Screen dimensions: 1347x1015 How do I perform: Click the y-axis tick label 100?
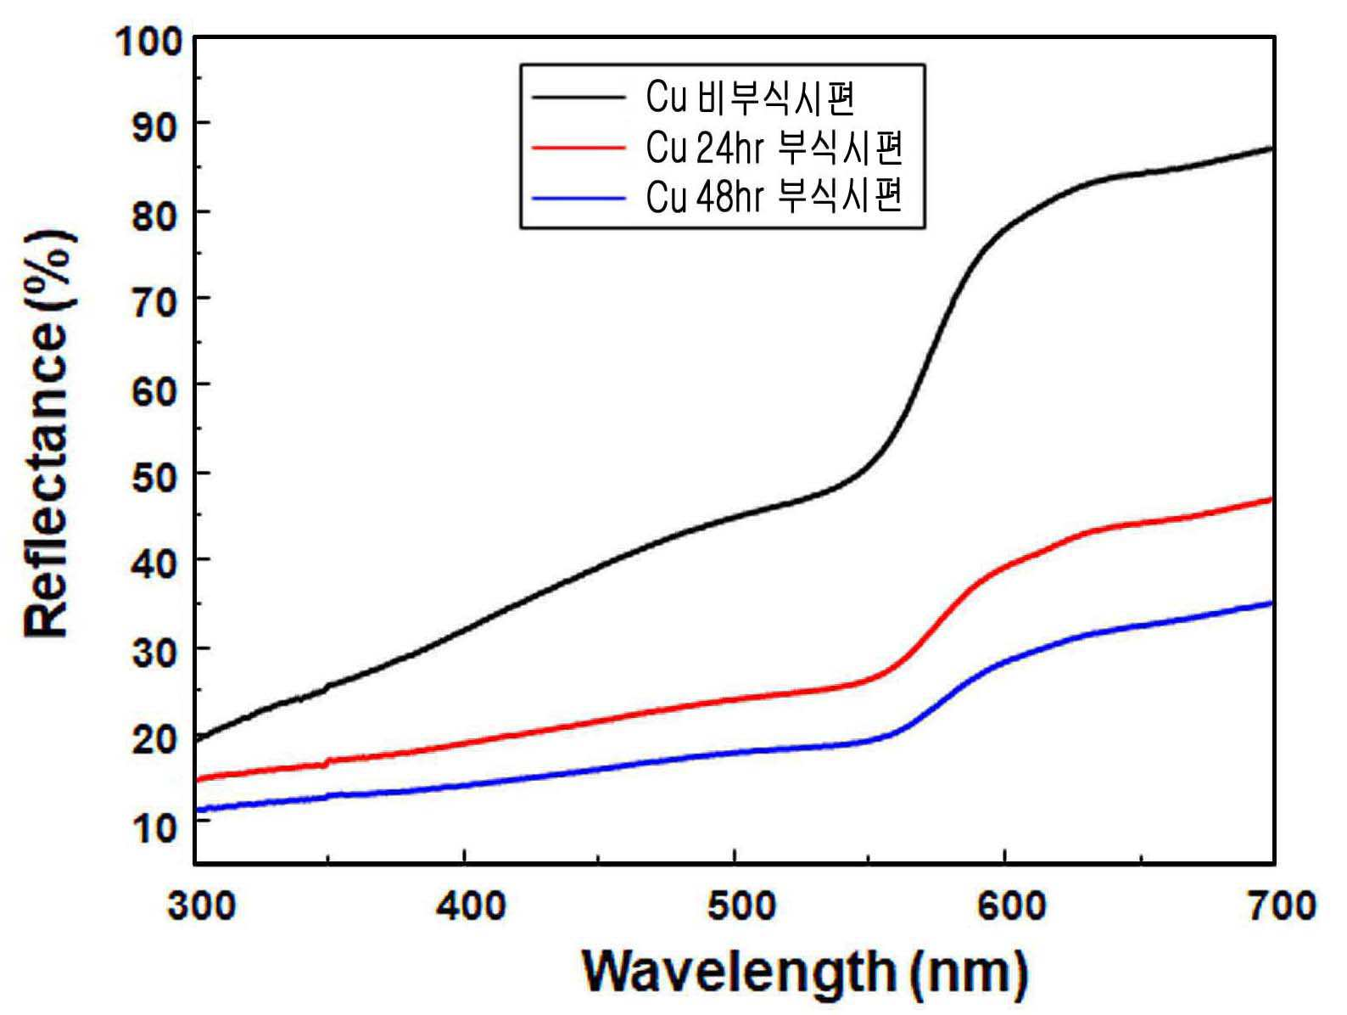click(150, 43)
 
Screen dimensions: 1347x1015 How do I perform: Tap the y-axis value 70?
click(157, 303)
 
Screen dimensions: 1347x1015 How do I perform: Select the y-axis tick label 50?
click(157, 478)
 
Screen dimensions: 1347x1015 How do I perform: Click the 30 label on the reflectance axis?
click(157, 652)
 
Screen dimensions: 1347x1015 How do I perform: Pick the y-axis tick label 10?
click(157, 827)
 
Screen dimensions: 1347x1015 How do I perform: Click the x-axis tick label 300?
click(201, 906)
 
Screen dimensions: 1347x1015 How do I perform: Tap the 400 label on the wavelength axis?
click(472, 906)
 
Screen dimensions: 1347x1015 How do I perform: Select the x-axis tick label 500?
click(741, 906)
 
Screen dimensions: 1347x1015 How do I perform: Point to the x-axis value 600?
click(1011, 906)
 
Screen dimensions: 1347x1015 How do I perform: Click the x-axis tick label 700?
click(1282, 906)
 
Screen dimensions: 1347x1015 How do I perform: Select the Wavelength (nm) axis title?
click(805, 972)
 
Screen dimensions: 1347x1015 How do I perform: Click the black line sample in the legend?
click(578, 97)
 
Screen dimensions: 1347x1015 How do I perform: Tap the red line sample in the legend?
click(578, 148)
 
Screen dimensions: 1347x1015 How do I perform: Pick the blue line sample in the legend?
click(578, 198)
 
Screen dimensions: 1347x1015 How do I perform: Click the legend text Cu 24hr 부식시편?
click(774, 148)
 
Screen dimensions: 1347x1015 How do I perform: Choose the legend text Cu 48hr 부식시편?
click(774, 197)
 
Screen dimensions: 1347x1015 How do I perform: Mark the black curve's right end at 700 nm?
click(1272, 149)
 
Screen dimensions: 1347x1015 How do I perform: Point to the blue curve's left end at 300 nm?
click(197, 810)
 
